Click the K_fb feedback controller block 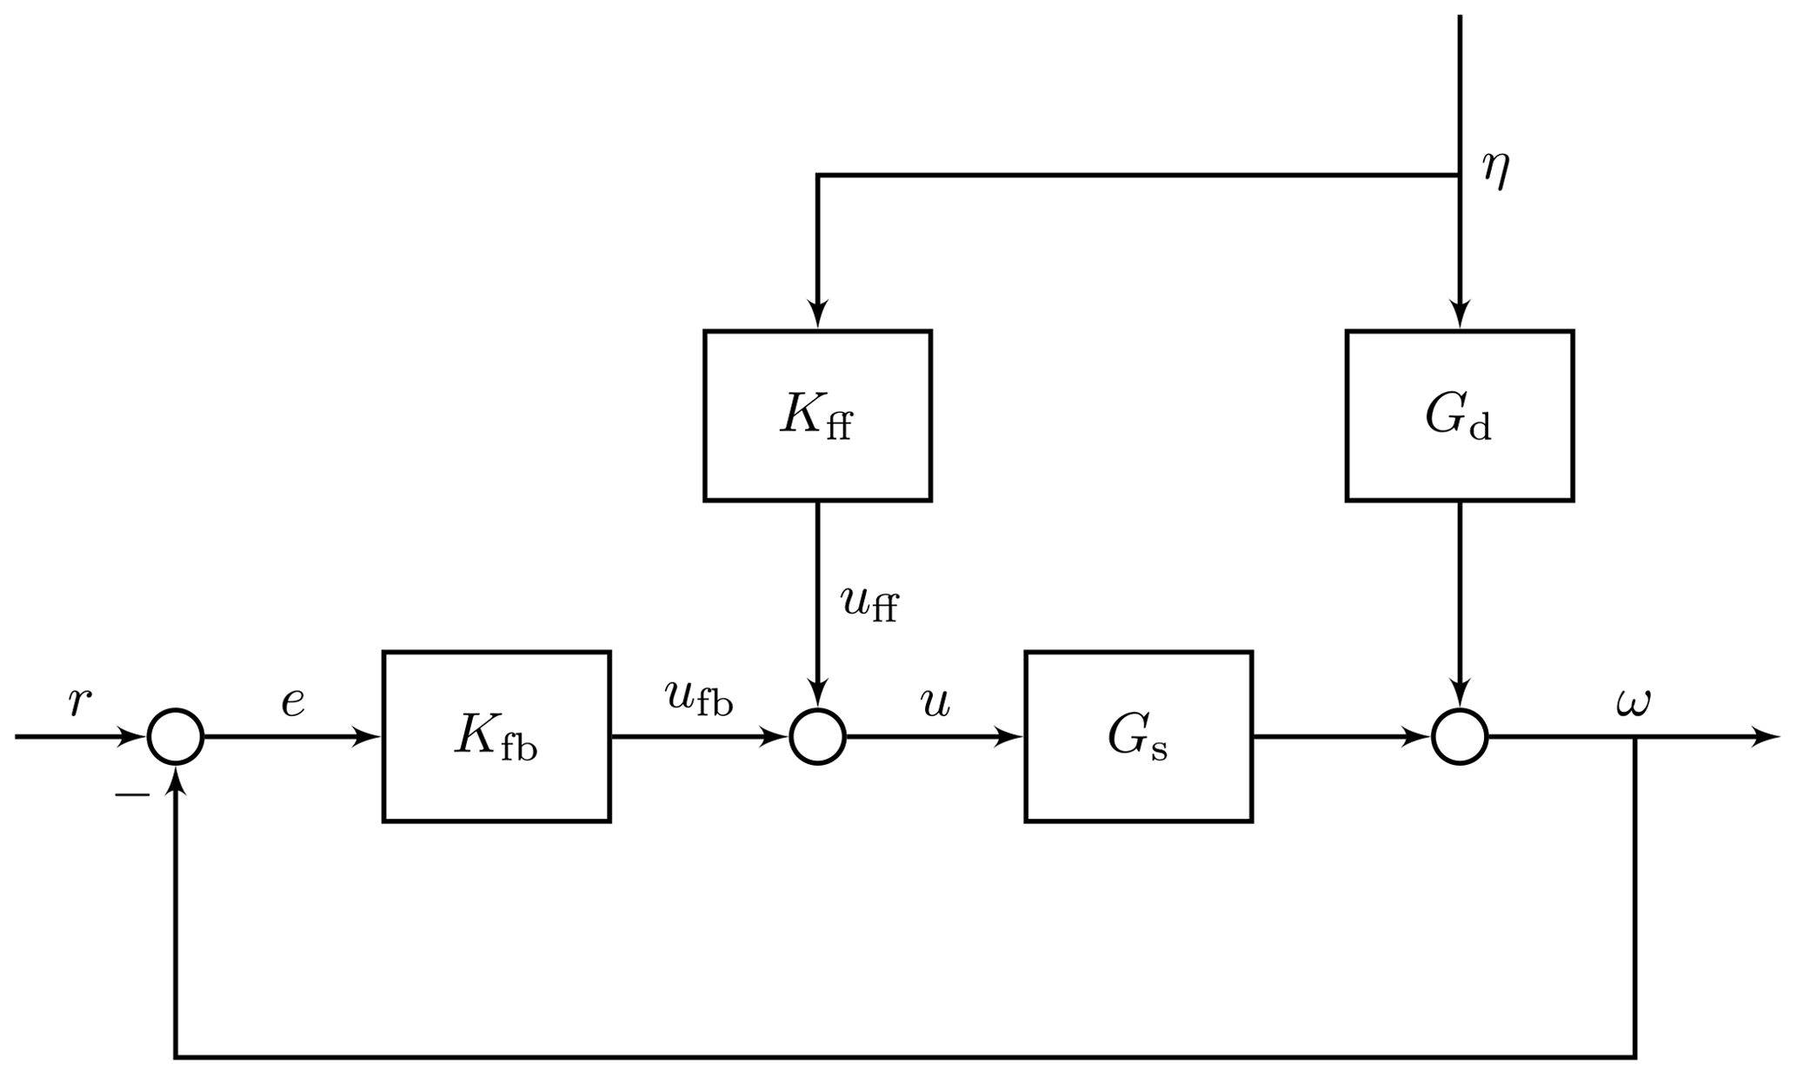(x=496, y=736)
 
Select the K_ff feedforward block (x=817, y=415)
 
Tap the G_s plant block (x=1138, y=736)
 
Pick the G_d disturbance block (x=1460, y=415)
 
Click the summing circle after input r (x=176, y=736)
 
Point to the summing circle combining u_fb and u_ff (x=817, y=736)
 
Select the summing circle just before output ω (x=1460, y=736)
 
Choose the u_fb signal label (x=698, y=698)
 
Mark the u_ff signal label (x=869, y=602)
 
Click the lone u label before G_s (x=935, y=702)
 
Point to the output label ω (x=1633, y=702)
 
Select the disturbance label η (x=1496, y=170)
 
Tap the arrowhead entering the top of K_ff (x=817, y=315)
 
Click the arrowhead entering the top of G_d (x=1460, y=315)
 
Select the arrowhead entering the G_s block (x=1008, y=736)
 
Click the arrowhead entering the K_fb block (x=366, y=736)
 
